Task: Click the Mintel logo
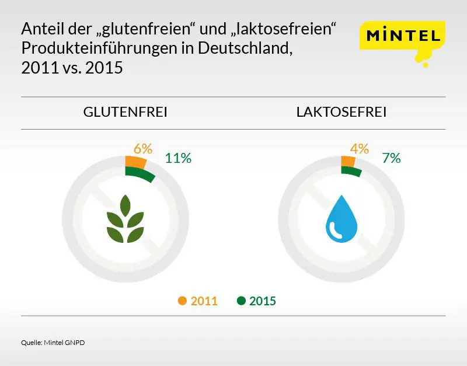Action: (403, 36)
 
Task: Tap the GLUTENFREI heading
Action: (126, 112)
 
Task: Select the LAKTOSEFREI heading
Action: (341, 112)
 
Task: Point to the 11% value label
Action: (178, 158)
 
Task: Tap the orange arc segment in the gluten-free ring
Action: (135, 162)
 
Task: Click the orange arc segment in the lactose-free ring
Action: (348, 162)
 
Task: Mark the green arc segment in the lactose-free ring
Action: (351, 171)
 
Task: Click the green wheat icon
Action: (125, 220)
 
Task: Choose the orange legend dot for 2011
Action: (182, 301)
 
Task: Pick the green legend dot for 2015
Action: (241, 301)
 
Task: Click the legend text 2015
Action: (262, 302)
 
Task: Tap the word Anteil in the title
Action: (39, 29)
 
